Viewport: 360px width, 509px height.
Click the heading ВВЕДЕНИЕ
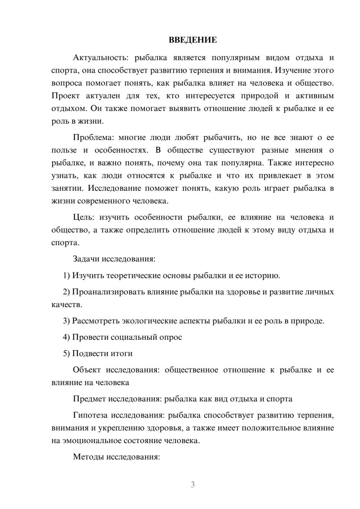tap(193, 40)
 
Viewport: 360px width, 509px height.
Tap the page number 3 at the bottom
tap(193, 485)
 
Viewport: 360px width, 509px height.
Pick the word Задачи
tap(86, 259)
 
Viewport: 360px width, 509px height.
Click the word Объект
tap(86, 370)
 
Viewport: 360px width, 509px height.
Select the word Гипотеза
tap(90, 415)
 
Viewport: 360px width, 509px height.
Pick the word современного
tap(104, 201)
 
